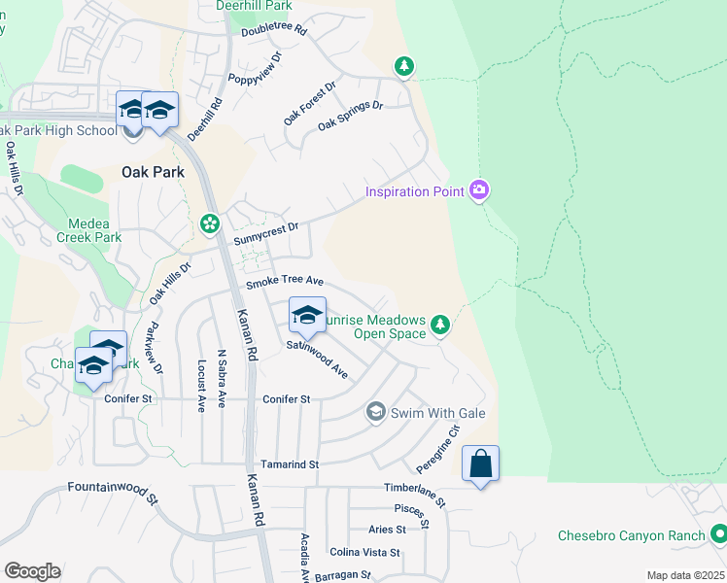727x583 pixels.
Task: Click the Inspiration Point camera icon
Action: click(x=478, y=189)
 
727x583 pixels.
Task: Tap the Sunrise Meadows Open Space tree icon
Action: click(x=440, y=324)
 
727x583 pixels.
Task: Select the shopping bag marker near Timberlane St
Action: click(x=481, y=463)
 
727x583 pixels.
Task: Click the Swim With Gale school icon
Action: click(x=375, y=413)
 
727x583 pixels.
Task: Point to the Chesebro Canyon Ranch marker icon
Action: click(x=718, y=534)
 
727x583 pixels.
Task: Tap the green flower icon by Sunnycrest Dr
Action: click(x=209, y=224)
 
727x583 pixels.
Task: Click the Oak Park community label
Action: click(x=153, y=172)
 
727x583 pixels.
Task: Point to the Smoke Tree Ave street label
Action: click(x=284, y=281)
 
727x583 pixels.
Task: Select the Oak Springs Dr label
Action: click(x=350, y=117)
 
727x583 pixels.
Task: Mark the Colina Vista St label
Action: click(x=365, y=552)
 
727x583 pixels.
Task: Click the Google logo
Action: click(x=31, y=571)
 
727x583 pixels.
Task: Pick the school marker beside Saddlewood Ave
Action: click(x=307, y=315)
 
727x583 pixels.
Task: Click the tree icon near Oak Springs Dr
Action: click(x=404, y=66)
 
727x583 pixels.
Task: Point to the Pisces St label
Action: click(x=410, y=508)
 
